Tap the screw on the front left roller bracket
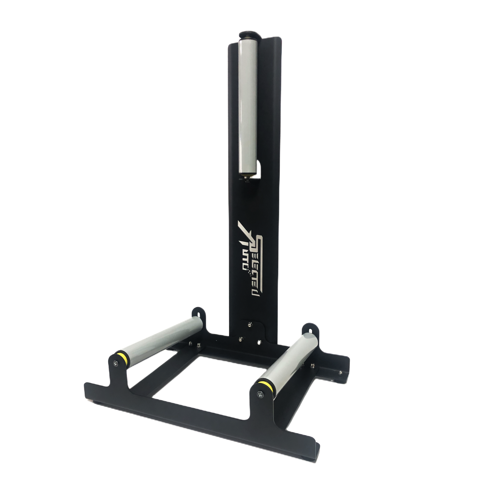point(115,362)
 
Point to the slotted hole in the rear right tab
point(310,329)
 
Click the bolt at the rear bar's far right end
point(341,372)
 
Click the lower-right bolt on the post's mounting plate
point(259,342)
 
